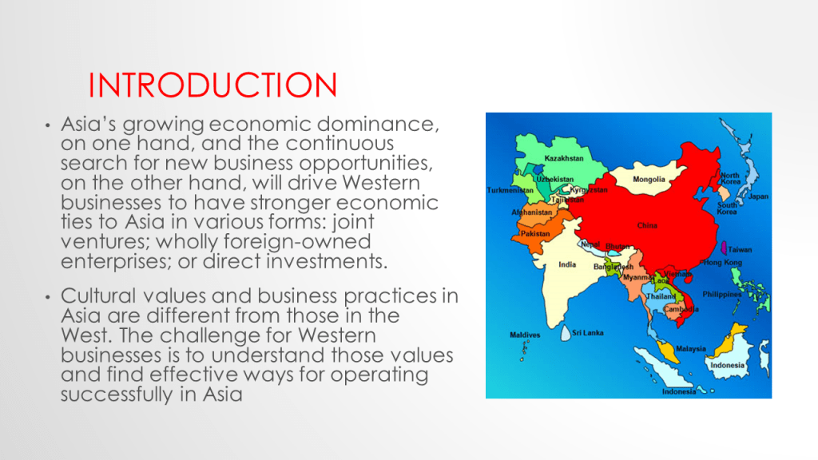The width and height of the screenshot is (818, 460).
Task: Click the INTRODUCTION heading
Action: pos(212,85)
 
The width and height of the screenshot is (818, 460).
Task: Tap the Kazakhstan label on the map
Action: pos(564,158)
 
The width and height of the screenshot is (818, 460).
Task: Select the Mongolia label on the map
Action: pos(649,180)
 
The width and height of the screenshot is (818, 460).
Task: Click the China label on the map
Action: pos(647,225)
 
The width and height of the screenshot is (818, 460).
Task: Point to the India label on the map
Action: pos(567,264)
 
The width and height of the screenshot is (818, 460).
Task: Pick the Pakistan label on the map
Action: pos(535,234)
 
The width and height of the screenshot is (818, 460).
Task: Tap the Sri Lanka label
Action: pos(587,333)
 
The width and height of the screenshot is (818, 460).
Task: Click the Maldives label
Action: pos(525,335)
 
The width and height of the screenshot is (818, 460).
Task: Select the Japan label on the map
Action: pos(759,196)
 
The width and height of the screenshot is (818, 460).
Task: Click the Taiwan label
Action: pos(740,250)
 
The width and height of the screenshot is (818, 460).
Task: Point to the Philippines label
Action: pos(721,294)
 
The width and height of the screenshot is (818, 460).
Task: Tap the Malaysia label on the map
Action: pos(691,349)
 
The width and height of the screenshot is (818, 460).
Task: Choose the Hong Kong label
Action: pos(722,262)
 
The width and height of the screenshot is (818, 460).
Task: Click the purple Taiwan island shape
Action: pos(724,248)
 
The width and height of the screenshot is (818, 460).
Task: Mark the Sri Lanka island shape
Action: pos(566,333)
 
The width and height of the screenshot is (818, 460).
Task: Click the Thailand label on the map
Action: pos(661,296)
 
